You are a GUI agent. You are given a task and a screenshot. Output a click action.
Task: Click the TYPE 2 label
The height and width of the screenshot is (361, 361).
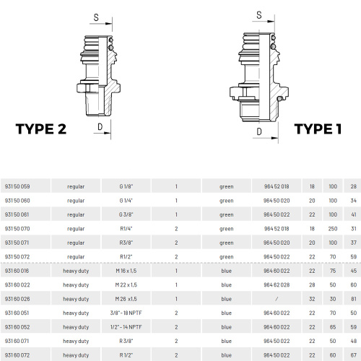(41, 129)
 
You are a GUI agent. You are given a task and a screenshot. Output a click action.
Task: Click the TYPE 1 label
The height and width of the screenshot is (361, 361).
(318, 129)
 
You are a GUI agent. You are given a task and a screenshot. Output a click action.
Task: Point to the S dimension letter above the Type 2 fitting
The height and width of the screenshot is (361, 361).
(96, 17)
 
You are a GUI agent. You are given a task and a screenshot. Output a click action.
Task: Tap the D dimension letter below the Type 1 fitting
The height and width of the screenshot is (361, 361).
(259, 131)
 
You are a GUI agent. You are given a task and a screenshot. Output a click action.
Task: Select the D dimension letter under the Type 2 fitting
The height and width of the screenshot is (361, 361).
(100, 126)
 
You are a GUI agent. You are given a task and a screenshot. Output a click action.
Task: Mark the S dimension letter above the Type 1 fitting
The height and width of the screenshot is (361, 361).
(259, 15)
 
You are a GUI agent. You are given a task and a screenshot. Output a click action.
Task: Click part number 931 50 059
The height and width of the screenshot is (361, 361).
(17, 186)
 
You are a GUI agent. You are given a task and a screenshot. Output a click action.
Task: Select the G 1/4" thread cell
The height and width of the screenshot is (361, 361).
(126, 201)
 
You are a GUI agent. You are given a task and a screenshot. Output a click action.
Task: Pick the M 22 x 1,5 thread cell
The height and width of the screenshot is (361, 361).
(126, 284)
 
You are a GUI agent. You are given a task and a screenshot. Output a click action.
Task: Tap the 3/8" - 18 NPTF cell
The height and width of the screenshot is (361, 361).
(126, 313)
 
